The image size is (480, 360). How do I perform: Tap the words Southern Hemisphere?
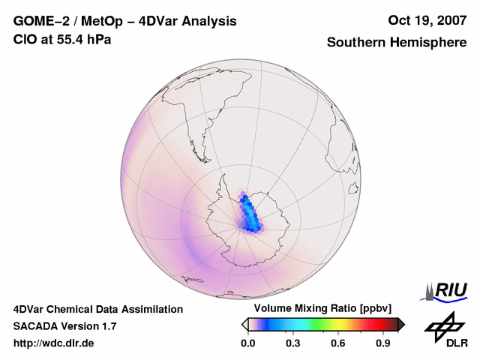396,43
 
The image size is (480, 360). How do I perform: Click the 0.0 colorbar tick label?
247,343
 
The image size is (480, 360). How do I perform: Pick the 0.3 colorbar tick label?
293,343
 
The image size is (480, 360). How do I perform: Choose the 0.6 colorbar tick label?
338,343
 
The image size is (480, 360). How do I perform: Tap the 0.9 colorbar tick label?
384,343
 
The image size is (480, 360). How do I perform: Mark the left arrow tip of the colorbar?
244,324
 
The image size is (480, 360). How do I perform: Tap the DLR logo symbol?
443,324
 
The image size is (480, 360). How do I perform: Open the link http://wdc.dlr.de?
54,343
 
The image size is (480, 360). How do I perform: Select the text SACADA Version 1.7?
64,326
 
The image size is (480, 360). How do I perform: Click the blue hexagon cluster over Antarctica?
250,214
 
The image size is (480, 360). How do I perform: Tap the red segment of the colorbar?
373,324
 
